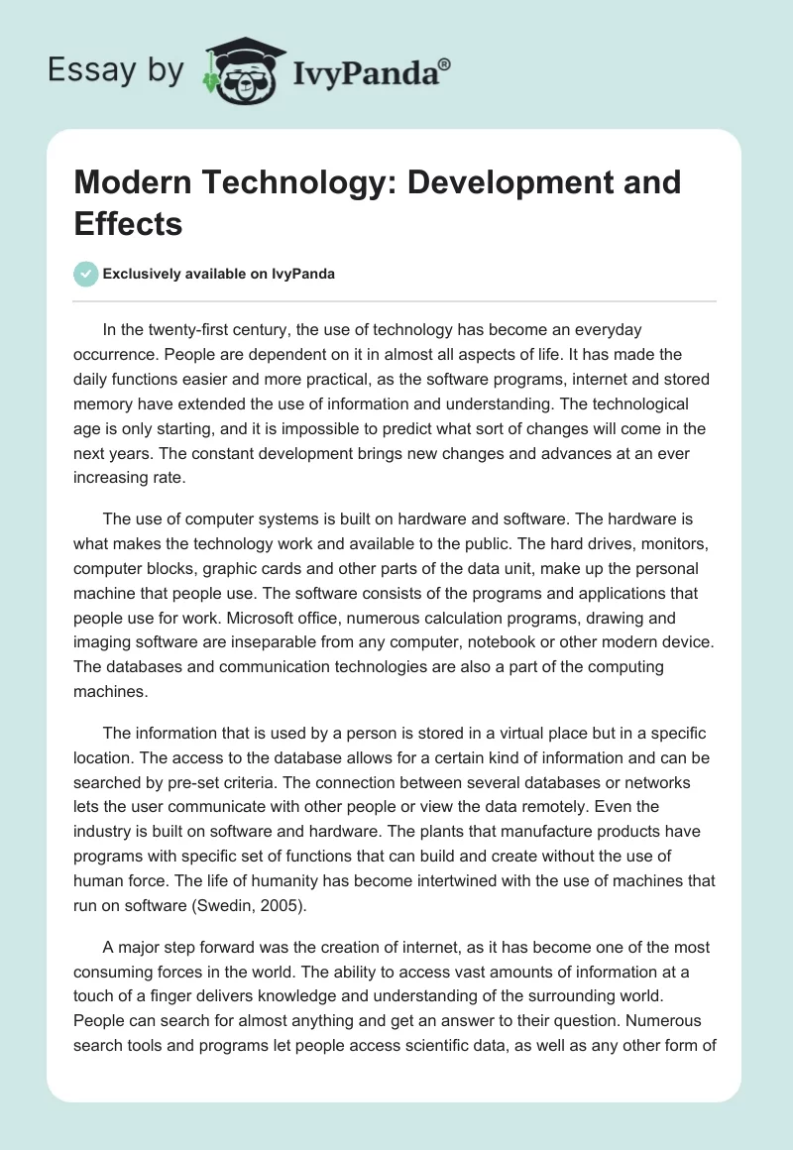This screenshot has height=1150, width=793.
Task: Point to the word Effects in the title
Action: [x=128, y=223]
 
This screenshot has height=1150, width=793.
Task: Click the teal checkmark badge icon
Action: [x=86, y=274]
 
